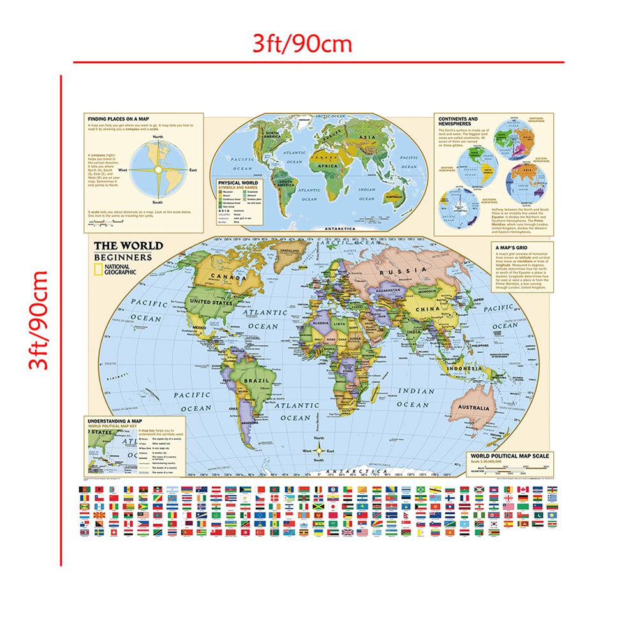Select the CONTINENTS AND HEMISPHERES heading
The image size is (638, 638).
(x=456, y=121)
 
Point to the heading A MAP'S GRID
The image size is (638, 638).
(x=509, y=247)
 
